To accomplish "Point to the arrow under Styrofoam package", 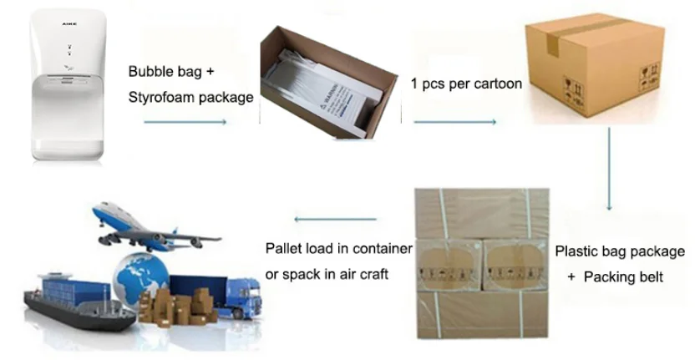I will (x=185, y=122).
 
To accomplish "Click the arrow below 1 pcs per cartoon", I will (x=455, y=122).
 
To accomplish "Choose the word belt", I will (x=648, y=276).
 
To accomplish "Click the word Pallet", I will (x=284, y=248).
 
